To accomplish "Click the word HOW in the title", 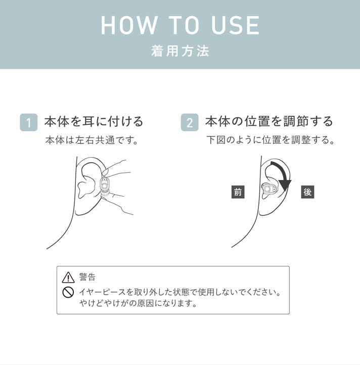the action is pyautogui.click(x=129, y=25).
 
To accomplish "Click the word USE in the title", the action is pyautogui.click(x=235, y=25).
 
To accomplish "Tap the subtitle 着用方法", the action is pyautogui.click(x=180, y=51).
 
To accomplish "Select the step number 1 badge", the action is pyautogui.click(x=29, y=122).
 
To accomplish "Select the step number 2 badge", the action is pyautogui.click(x=190, y=122).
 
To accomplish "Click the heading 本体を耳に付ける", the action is pyautogui.click(x=94, y=121).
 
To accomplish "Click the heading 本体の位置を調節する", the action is pyautogui.click(x=269, y=121).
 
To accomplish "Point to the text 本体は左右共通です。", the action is pyautogui.click(x=92, y=141).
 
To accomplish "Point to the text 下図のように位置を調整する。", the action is pyautogui.click(x=271, y=140).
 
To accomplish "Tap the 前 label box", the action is pyautogui.click(x=238, y=192).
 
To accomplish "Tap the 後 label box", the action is pyautogui.click(x=307, y=192).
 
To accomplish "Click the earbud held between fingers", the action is pyautogui.click(x=105, y=187).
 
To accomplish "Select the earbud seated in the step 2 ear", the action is pyautogui.click(x=269, y=189).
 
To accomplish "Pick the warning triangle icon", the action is pyautogui.click(x=68, y=278).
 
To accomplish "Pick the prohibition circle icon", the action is pyautogui.click(x=68, y=292).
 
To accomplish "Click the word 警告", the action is pyautogui.click(x=87, y=277).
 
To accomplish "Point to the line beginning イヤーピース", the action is pyautogui.click(x=180, y=292).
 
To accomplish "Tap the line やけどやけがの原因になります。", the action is pyautogui.click(x=139, y=303).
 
